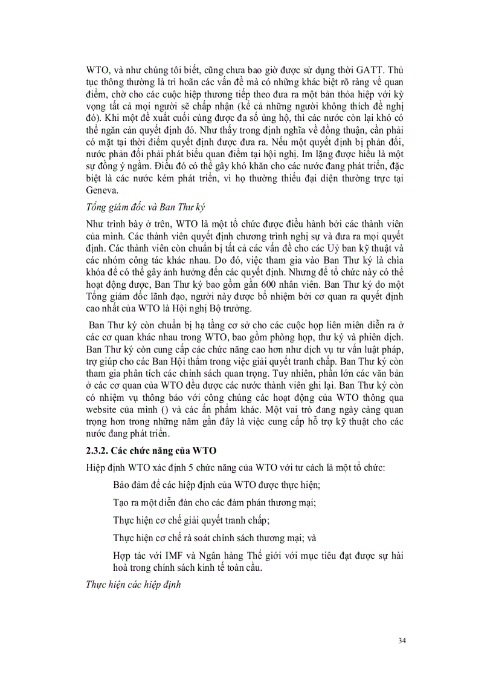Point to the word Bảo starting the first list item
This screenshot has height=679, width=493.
tap(123, 485)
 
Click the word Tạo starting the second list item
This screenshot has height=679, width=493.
tap(122, 502)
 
